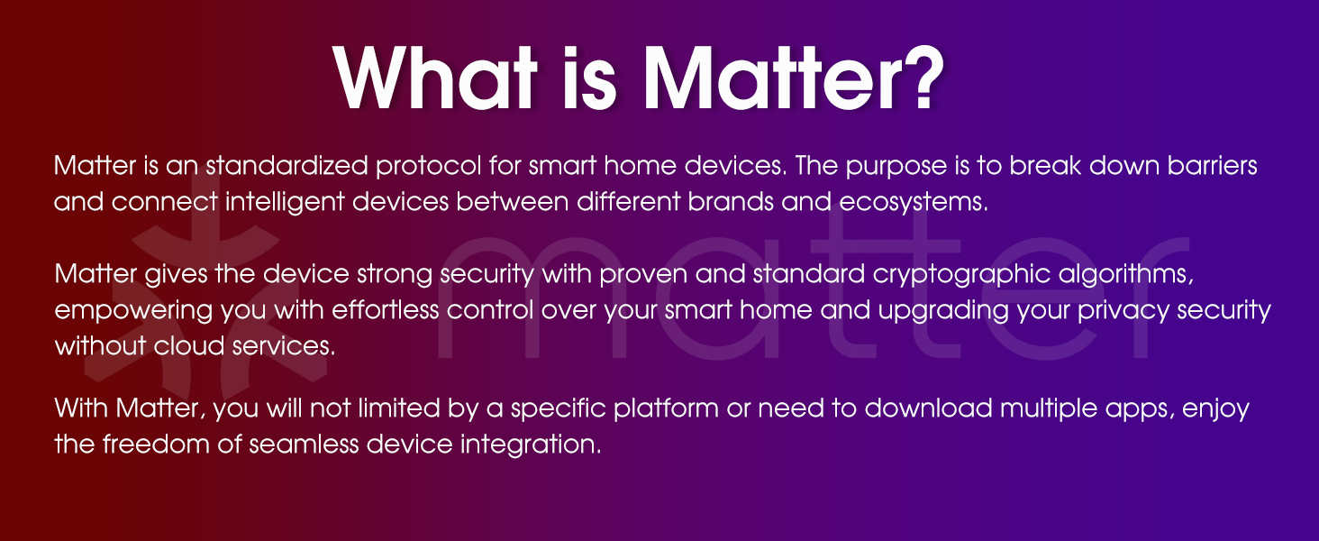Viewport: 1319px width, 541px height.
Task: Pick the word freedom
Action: [159, 445]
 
